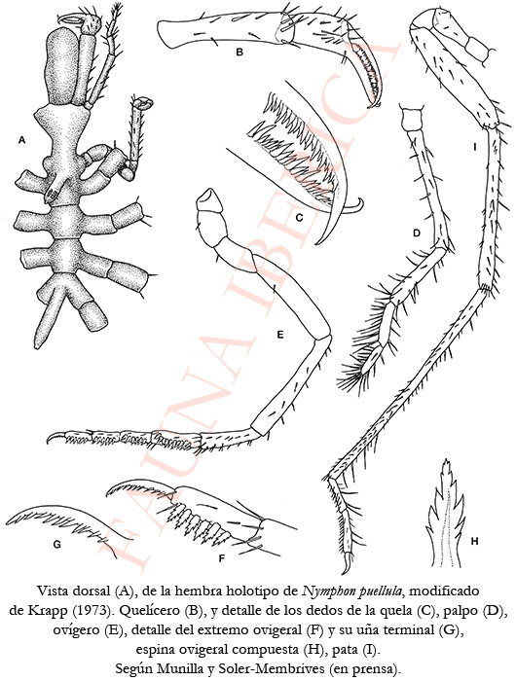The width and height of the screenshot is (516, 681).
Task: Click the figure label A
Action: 21,140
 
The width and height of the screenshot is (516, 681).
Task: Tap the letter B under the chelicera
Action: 239,53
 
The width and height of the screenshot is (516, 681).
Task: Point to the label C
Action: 299,218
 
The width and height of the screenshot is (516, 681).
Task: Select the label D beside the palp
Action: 417,233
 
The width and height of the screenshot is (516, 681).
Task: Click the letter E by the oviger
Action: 280,335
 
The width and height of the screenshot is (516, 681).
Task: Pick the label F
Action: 221,558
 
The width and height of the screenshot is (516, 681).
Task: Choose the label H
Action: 474,541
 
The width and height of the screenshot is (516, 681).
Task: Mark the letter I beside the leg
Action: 475,147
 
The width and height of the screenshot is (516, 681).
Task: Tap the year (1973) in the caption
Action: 91,611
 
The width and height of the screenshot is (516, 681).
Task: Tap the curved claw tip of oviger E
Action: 55,438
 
